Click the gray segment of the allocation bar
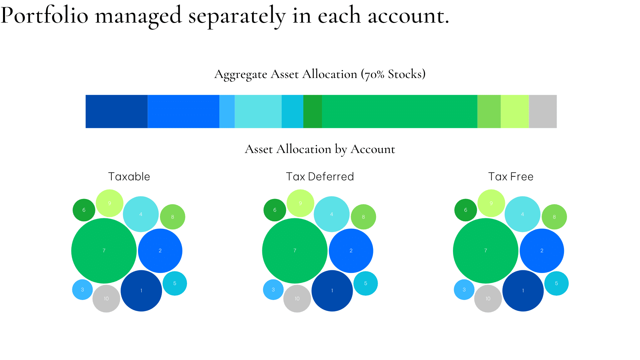pyautogui.click(x=543, y=111)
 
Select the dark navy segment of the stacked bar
pyautogui.click(x=117, y=111)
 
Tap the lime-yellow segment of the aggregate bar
pyautogui.click(x=515, y=111)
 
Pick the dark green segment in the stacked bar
pyautogui.click(x=312, y=111)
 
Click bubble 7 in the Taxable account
pyautogui.click(x=104, y=251)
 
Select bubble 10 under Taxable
pyautogui.click(x=106, y=299)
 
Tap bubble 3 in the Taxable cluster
pyautogui.click(x=82, y=290)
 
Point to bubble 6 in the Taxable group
pyautogui.click(x=84, y=210)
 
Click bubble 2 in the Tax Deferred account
pyautogui.click(x=351, y=251)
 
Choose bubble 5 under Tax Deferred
pyautogui.click(x=366, y=283)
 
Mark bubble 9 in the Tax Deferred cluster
pyautogui.click(x=300, y=203)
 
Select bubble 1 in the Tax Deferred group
pyautogui.click(x=332, y=291)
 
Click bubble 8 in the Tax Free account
pyautogui.click(x=554, y=217)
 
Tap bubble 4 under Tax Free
pyautogui.click(x=522, y=214)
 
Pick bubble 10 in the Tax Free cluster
pyautogui.click(x=488, y=299)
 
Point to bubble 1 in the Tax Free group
pyautogui.click(x=523, y=291)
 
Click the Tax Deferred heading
pyautogui.click(x=320, y=177)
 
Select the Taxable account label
pyautogui.click(x=129, y=177)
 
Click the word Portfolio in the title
pyautogui.click(x=45, y=15)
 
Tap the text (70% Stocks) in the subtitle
pyautogui.click(x=393, y=74)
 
